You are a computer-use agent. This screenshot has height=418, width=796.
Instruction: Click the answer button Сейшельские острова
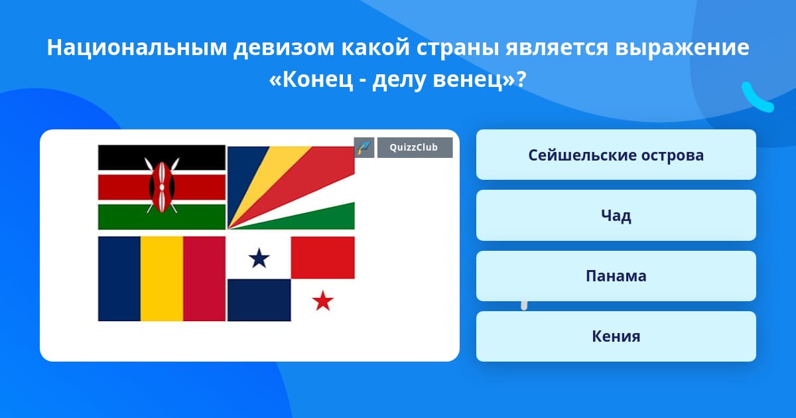click(616, 155)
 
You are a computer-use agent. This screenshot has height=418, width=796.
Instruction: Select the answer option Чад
click(616, 215)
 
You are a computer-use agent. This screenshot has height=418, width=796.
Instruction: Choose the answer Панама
click(616, 276)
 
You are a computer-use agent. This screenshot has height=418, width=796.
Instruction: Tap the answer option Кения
click(616, 336)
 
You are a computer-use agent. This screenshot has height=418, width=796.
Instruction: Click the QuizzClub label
click(415, 147)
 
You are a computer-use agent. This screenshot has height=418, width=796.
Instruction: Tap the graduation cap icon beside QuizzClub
click(364, 147)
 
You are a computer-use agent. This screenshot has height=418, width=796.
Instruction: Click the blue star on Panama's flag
click(259, 257)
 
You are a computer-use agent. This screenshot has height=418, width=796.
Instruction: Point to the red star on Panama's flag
click(323, 301)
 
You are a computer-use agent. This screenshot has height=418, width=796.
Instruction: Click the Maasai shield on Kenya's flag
click(162, 187)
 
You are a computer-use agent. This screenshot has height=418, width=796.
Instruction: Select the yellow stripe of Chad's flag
click(162, 279)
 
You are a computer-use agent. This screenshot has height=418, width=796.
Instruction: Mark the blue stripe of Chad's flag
click(119, 279)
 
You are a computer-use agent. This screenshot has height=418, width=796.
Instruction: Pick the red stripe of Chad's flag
click(204, 279)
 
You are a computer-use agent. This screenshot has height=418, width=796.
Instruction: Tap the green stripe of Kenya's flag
click(162, 217)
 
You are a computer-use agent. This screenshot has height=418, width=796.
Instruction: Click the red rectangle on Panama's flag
click(322, 257)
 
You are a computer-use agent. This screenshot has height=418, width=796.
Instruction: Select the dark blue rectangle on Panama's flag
click(259, 300)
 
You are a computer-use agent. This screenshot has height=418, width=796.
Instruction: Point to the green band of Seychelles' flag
click(320, 218)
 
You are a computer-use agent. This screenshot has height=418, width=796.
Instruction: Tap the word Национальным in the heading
click(137, 47)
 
